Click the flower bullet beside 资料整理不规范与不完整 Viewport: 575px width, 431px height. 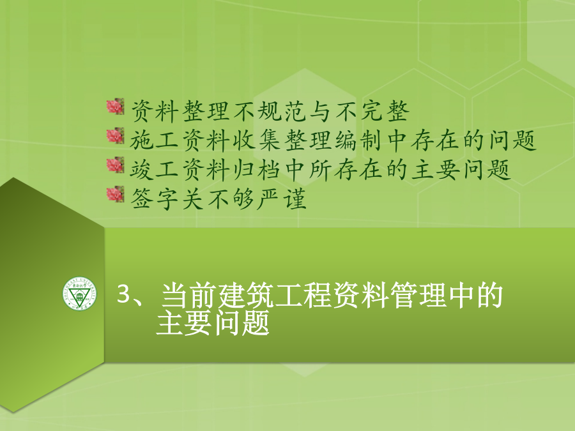click(115, 107)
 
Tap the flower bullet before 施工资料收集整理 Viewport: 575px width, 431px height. click(115, 136)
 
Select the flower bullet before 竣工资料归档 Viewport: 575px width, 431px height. click(115, 165)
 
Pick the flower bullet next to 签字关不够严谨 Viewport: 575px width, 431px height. click(115, 195)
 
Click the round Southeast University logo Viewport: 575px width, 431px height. click(80, 293)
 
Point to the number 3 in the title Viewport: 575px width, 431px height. click(124, 294)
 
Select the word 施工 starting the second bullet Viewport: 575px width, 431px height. click(154, 140)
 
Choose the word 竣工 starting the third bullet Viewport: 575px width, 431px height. click(154, 170)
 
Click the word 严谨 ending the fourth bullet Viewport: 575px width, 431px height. click(282, 199)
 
